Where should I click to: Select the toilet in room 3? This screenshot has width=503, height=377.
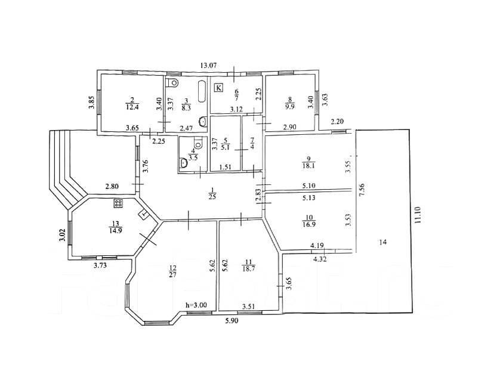tap(174, 82)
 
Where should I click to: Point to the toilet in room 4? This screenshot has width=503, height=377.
tap(183, 162)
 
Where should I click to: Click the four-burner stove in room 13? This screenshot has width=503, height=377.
tap(118, 203)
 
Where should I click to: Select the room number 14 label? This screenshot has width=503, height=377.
tap(382, 242)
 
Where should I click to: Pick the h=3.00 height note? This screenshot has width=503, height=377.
tap(196, 305)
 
